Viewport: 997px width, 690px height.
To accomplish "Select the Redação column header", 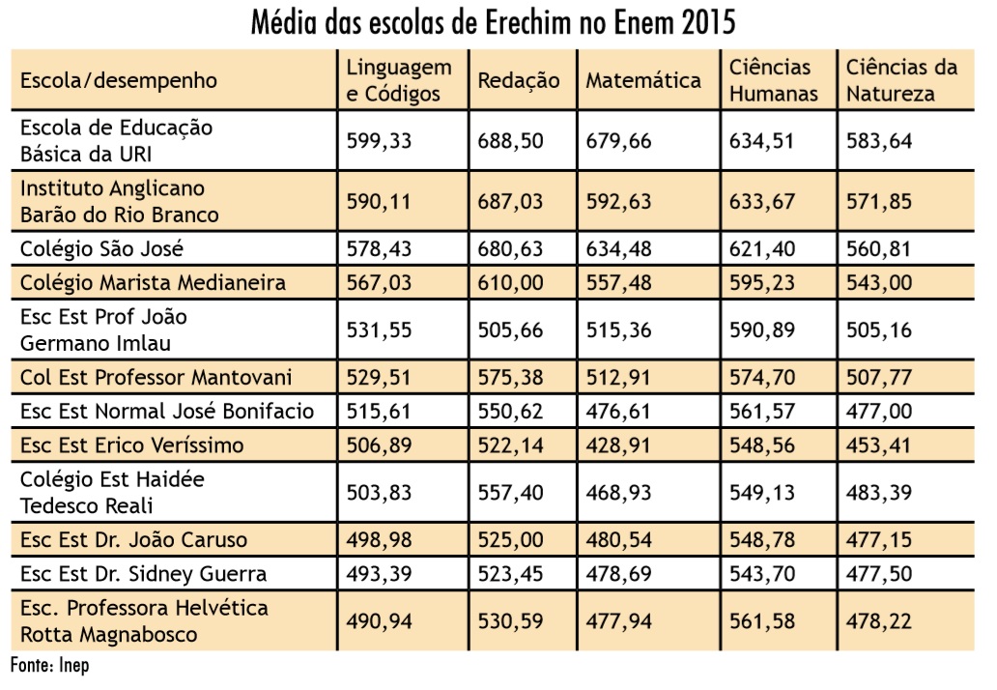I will [x=518, y=80].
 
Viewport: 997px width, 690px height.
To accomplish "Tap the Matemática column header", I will [x=642, y=80].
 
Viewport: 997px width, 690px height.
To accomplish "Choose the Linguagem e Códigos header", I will [x=399, y=80].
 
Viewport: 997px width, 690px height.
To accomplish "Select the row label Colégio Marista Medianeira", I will [x=153, y=282].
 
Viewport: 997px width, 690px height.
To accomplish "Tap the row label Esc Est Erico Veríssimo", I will [x=131, y=446].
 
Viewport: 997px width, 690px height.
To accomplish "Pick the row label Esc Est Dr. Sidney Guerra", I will [x=143, y=574].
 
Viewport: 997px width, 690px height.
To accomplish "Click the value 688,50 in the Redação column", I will [x=510, y=141].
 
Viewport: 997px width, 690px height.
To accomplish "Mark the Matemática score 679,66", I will [x=618, y=141].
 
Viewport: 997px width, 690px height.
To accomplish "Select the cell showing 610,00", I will [x=510, y=282].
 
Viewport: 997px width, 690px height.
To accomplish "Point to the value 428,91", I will [x=618, y=446].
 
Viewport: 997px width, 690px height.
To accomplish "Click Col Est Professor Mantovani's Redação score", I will [x=510, y=376].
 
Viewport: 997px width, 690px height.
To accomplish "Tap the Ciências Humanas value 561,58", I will [x=762, y=620].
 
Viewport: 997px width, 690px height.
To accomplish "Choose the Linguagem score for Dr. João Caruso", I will [x=379, y=539].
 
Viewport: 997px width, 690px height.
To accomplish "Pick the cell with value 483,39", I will [x=879, y=492].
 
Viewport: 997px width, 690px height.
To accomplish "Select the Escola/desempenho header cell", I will [x=118, y=80].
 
